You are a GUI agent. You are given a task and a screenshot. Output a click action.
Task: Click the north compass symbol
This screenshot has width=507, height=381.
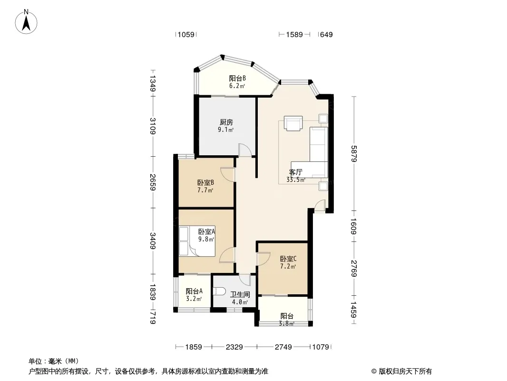click(x=27, y=21)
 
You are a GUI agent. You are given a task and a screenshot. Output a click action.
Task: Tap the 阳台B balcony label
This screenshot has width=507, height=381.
click(x=237, y=79)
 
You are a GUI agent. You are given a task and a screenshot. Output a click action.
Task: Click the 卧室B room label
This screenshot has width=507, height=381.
click(x=205, y=183)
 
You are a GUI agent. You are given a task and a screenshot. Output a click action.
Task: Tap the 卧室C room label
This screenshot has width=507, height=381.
click(x=288, y=259)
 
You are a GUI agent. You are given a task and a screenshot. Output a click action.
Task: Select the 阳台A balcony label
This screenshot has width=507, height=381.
click(x=194, y=291)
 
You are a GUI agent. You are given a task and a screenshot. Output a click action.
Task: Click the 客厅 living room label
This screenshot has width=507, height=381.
click(x=296, y=172)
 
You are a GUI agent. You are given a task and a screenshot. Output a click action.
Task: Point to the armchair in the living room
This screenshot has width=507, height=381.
click(x=292, y=123)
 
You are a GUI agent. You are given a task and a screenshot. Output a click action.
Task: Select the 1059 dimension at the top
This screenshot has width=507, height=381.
click(x=185, y=34)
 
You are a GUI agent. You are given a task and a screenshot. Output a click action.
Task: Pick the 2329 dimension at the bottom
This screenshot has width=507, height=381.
click(x=234, y=347)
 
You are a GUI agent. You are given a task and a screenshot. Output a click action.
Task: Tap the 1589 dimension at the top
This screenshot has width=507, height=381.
click(x=294, y=34)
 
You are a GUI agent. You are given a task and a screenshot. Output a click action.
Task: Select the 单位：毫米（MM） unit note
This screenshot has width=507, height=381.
click(x=54, y=361)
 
